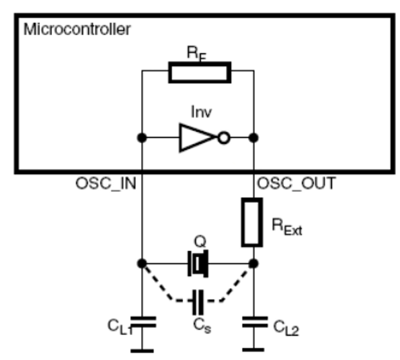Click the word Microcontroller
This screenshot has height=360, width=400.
coord(77,30)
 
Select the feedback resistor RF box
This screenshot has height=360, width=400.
coord(200,72)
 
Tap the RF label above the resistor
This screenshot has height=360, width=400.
coord(196,54)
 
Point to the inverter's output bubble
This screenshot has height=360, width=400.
coord(224,138)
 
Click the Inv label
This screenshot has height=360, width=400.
coord(201,112)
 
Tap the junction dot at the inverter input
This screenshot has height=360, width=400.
coord(142,138)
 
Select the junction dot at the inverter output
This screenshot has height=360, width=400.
coord(253,138)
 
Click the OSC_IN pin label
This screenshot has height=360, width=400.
coord(106,183)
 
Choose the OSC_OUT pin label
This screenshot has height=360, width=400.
coord(296,183)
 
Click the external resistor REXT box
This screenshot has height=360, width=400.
coord(252,222)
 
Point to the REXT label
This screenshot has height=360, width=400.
coord(287,227)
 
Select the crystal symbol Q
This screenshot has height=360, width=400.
coord(198,264)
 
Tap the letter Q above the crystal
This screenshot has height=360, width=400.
coord(200,242)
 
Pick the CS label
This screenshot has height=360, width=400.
coord(202,326)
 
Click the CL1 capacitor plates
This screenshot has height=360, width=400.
coord(143,322)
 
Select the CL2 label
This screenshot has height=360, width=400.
coord(286,328)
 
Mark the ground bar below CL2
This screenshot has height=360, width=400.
coord(253,350)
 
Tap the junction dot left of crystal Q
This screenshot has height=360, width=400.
coord(142,264)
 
